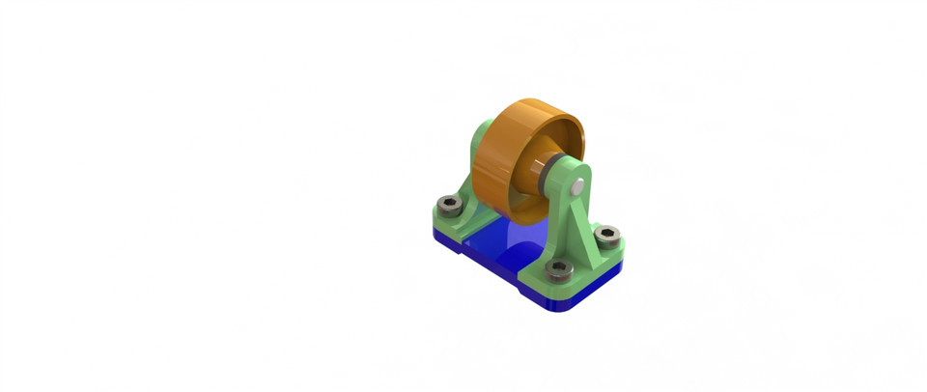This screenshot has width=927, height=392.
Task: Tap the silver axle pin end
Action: tap(577, 181)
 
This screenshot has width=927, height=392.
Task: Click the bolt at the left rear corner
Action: tap(449, 206)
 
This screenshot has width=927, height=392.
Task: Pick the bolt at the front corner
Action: tap(555, 269)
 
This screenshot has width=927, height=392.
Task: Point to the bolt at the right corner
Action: tap(606, 235)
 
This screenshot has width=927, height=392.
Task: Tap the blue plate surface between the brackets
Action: tap(502, 241)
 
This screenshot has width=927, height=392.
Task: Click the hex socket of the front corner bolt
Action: tap(555, 269)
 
